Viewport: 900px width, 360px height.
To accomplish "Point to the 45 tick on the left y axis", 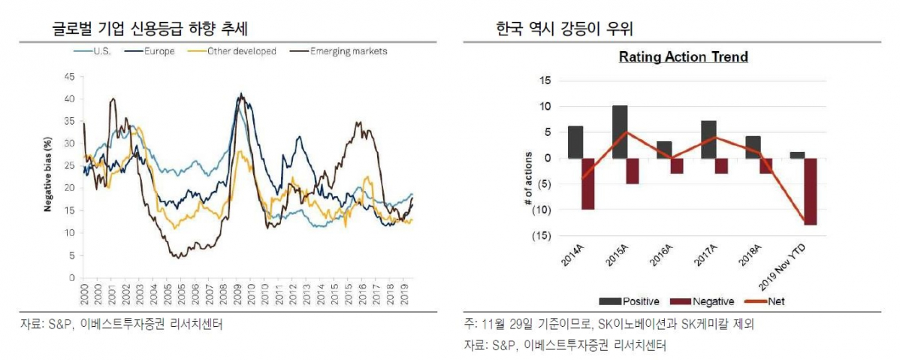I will coord(70,76).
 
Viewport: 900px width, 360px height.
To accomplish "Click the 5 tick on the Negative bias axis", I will coord(72,256).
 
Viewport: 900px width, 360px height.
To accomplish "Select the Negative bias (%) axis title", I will coord(47,174).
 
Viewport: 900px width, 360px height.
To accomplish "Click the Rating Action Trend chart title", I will coord(683,57).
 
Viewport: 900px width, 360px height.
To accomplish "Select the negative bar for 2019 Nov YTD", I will coord(810,191).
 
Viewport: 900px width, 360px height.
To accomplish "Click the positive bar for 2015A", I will coord(620,132).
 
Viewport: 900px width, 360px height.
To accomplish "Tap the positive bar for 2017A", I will coord(708,139).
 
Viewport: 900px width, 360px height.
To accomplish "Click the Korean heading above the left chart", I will coord(149,29).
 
